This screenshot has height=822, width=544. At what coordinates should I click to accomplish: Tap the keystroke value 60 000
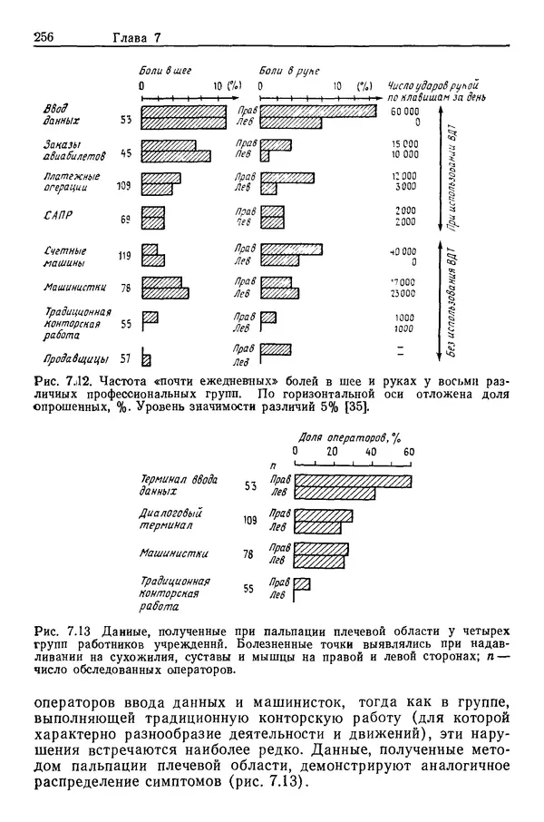click(x=403, y=110)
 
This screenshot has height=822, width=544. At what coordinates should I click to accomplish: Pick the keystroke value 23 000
click(x=403, y=294)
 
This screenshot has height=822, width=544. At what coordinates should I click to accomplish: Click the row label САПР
click(x=59, y=218)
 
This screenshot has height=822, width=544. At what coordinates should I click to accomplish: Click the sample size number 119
click(x=124, y=256)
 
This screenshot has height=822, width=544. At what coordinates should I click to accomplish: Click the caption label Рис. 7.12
click(x=62, y=382)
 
